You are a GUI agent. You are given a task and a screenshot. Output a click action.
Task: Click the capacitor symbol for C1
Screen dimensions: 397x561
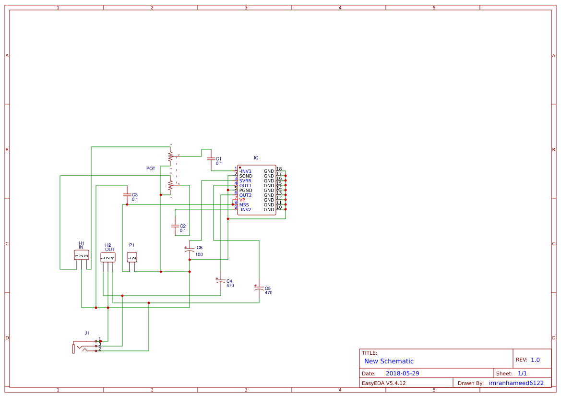point(209,158)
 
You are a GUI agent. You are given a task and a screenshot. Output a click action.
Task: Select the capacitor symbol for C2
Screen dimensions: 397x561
point(175,226)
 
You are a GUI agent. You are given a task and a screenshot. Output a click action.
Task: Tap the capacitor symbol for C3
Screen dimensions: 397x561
point(127,195)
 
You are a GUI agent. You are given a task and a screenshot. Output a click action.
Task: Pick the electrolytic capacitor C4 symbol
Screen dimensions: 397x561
point(220,281)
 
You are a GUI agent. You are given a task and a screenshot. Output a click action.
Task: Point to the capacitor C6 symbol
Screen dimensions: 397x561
point(190,250)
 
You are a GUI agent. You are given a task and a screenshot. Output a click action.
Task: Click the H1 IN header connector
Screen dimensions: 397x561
point(82,255)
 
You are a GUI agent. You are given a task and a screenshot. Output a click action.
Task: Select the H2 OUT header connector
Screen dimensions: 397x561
point(108,257)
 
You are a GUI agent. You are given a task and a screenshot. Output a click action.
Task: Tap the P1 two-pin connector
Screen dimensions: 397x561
point(132,257)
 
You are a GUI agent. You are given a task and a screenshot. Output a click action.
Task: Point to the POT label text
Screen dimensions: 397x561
point(151,168)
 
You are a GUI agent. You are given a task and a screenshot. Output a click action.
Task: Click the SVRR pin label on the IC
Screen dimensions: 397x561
point(245,181)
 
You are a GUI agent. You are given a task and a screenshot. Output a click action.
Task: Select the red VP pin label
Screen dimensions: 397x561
point(242,200)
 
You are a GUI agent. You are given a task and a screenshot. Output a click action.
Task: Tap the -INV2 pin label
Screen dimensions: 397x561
point(245,210)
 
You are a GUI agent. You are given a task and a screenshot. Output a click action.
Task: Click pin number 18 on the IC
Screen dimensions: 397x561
point(279,169)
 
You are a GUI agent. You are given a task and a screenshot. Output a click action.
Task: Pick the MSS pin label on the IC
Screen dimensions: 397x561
point(244,205)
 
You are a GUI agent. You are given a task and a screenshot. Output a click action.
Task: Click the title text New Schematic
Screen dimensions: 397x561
point(389,361)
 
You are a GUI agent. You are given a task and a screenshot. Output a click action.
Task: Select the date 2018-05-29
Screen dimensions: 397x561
point(403,373)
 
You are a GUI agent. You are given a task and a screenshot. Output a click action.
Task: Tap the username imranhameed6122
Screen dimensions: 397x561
point(516,383)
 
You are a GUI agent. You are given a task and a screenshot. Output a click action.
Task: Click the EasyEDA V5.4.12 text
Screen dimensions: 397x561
point(383,383)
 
